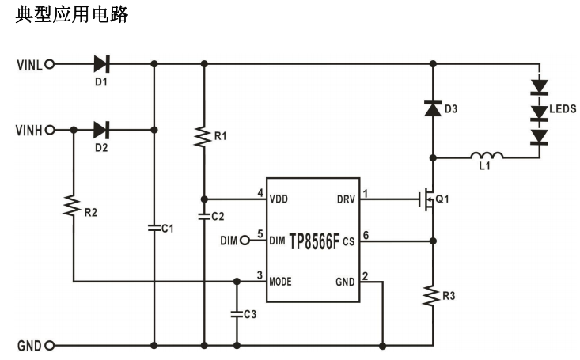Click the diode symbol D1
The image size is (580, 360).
[101, 63]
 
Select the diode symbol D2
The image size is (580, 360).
[101, 129]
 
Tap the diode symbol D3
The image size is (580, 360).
[432, 110]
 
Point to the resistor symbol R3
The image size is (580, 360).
[432, 297]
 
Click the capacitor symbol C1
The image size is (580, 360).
[154, 227]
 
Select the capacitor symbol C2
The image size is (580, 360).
[204, 215]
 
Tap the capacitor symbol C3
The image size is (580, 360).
[237, 313]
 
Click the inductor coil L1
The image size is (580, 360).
[484, 156]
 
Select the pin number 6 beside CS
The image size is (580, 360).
[366, 235]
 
